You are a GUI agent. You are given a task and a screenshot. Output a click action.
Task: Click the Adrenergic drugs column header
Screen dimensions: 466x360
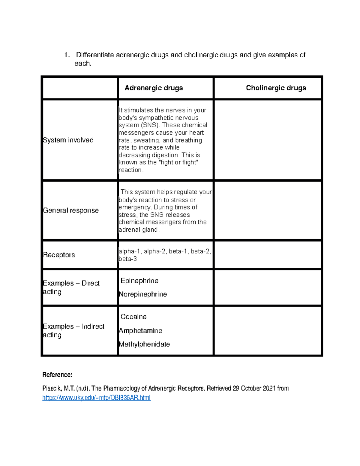pyautogui.click(x=154, y=88)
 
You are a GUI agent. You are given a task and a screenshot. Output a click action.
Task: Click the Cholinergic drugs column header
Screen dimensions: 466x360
pyautogui.click(x=276, y=88)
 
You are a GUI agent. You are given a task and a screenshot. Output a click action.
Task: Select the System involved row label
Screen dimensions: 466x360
pyautogui.click(x=68, y=140)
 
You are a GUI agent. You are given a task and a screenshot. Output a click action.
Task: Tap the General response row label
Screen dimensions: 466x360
pyautogui.click(x=71, y=210)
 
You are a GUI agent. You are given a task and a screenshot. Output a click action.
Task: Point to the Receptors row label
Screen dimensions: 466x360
pyautogui.click(x=59, y=255)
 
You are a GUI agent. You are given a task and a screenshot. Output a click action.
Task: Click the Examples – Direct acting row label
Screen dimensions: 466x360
pyautogui.click(x=71, y=287)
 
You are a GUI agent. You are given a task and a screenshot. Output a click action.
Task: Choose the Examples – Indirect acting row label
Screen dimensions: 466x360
pyautogui.click(x=73, y=330)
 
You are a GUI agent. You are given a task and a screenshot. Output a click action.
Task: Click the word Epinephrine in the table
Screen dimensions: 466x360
pyautogui.click(x=139, y=281)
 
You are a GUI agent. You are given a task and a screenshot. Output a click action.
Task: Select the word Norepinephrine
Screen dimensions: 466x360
pyautogui.click(x=143, y=294)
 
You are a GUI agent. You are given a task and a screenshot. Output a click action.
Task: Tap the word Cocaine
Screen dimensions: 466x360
pyautogui.click(x=133, y=317)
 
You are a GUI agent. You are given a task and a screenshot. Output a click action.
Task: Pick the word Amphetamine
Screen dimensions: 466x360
pyautogui.click(x=140, y=330)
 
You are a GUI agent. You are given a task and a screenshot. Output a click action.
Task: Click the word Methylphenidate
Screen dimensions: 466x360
pyautogui.click(x=144, y=344)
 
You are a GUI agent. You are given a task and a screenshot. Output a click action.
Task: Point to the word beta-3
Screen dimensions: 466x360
pyautogui.click(x=128, y=259)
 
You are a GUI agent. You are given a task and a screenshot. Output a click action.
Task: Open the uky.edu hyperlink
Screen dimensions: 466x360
pyautogui.click(x=96, y=398)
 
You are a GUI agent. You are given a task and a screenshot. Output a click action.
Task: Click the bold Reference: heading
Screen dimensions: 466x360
pyautogui.click(x=57, y=374)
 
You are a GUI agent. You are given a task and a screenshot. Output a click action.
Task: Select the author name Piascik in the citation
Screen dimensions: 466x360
pyautogui.click(x=52, y=388)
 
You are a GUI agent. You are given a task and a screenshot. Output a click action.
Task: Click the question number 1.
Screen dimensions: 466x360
pyautogui.click(x=67, y=55)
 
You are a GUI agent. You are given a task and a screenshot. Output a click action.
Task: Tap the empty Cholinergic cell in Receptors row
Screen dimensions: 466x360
pyautogui.click(x=268, y=255)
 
